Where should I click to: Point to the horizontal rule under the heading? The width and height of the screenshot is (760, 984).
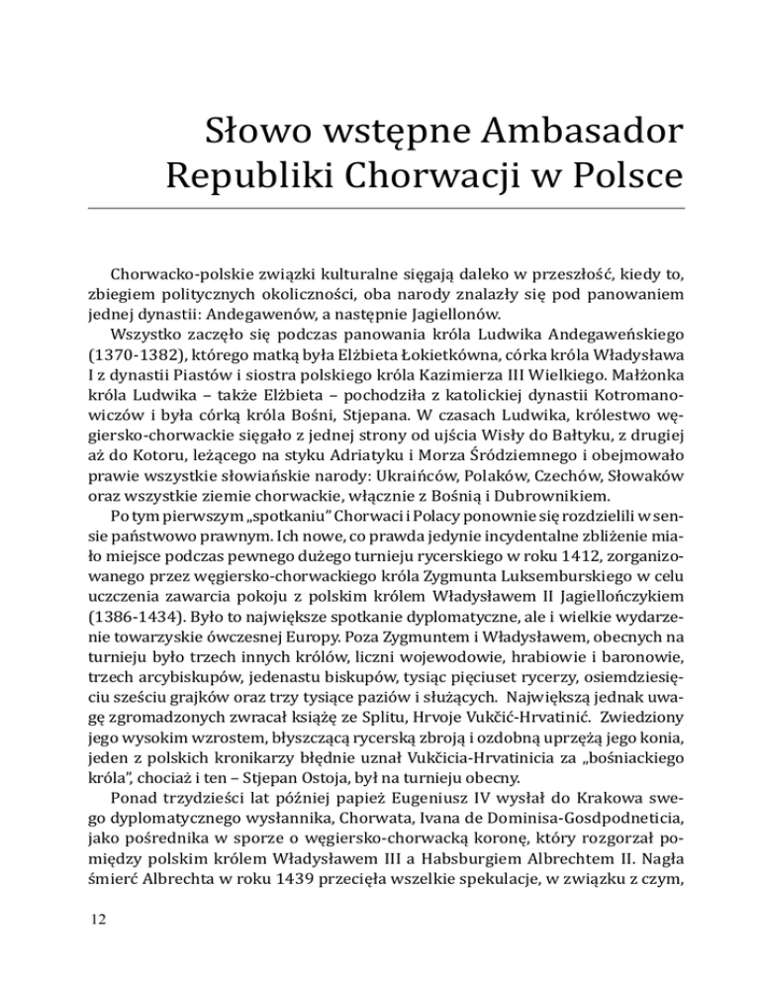tap(380, 208)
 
